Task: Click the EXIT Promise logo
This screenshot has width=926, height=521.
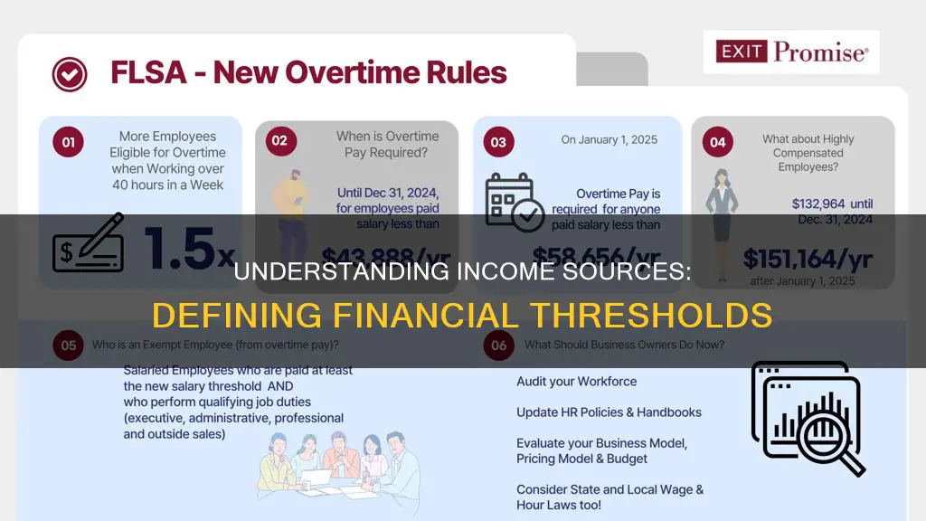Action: click(x=791, y=52)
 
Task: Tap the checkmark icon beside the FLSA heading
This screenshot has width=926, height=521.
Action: click(x=69, y=72)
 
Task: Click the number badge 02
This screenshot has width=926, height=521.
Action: click(x=279, y=141)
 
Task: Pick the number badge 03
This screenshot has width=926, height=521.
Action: click(x=497, y=141)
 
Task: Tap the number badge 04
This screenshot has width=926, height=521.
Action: click(x=715, y=142)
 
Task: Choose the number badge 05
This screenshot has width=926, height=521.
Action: click(x=68, y=344)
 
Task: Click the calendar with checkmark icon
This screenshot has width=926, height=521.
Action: click(x=514, y=203)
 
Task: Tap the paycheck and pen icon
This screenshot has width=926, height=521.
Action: click(x=88, y=242)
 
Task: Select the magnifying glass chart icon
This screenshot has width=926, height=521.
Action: click(x=805, y=414)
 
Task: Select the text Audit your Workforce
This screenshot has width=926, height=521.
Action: click(x=576, y=382)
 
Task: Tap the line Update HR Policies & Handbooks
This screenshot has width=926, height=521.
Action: click(x=609, y=412)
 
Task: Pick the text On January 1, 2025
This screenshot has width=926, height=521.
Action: click(x=609, y=140)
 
